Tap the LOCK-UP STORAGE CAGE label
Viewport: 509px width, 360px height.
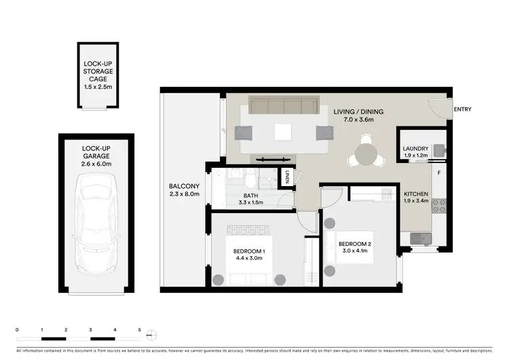pos(98,71)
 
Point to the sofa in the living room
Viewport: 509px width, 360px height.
pos(283,107)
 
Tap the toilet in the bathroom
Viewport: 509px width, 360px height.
pos(250,180)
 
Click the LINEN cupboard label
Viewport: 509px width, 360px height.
pos(288,177)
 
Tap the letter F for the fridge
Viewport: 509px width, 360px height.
pos(439,173)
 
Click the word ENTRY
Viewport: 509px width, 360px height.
pos(462,109)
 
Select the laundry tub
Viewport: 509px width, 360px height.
pos(438,150)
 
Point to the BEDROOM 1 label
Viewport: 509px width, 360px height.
pos(250,252)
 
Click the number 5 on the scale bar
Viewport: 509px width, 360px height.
pos(139,329)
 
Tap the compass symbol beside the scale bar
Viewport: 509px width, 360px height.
pos(153,334)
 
